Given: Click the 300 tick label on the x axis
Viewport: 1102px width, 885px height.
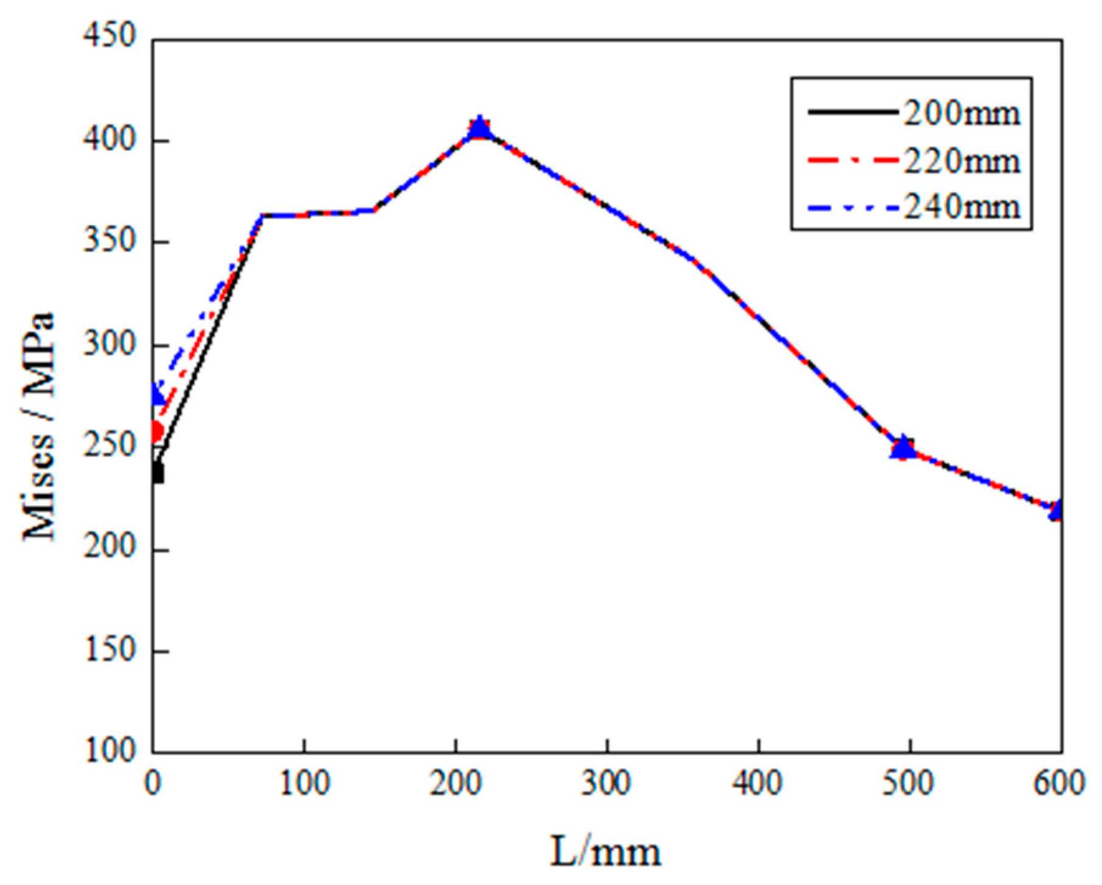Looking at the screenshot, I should tap(606, 783).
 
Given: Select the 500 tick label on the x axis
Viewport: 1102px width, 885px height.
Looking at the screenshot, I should tap(909, 783).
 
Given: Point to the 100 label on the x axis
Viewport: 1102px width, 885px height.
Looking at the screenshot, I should tap(304, 783).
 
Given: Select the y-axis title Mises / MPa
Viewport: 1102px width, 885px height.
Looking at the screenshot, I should tap(39, 426).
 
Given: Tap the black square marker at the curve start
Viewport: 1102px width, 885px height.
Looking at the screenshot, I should tap(157, 473).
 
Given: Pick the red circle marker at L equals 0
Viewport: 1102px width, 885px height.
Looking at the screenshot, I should tap(156, 432).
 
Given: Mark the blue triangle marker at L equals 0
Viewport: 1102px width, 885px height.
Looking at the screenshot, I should tap(157, 396).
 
